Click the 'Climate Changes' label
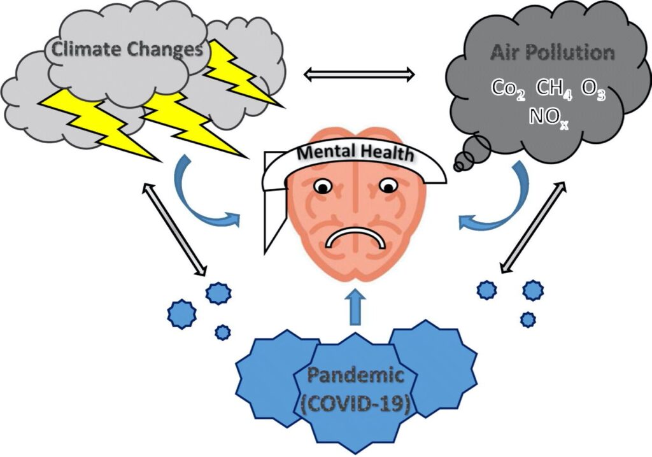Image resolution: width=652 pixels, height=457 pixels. [127, 49]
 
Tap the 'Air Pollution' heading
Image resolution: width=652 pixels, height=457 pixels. [552, 52]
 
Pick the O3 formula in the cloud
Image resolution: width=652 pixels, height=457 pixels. [592, 88]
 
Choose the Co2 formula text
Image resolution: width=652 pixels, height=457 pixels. [508, 88]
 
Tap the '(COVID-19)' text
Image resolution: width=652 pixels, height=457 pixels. [355, 404]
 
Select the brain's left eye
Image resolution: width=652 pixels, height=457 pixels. [323, 186]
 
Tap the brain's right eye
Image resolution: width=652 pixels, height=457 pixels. [387, 186]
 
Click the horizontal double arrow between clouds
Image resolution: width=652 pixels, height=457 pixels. [359, 76]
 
